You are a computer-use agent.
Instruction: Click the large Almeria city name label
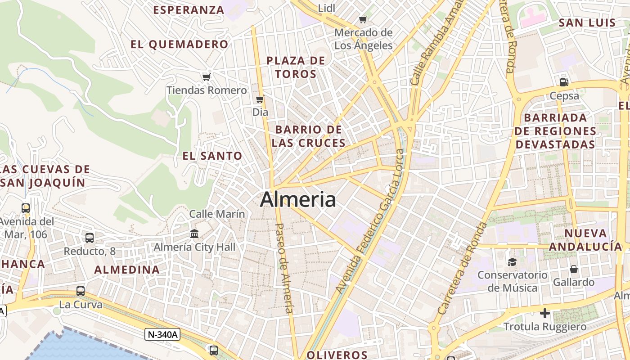pos(298,199)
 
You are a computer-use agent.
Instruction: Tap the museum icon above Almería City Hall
pos(194,234)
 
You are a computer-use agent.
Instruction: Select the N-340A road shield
pos(162,334)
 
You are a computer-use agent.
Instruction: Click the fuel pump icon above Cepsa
pos(564,82)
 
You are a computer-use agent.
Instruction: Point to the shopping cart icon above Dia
pos(260,99)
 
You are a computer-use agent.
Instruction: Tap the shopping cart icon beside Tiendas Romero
pos(206,77)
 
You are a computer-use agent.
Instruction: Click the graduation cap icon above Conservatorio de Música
pos(512,262)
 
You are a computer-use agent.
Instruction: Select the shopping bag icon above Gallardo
pos(574,269)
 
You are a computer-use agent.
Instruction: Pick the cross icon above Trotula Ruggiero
pos(545,313)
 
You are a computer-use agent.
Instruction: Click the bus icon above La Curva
pos(81,291)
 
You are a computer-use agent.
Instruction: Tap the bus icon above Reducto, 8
pos(90,238)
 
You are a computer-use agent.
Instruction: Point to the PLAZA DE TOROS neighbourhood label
pos(296,67)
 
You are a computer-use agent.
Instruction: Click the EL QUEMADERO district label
pos(180,44)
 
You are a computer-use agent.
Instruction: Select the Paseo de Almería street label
pos(283,268)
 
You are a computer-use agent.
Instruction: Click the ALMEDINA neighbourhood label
pos(126,270)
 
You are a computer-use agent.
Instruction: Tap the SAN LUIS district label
pos(587,23)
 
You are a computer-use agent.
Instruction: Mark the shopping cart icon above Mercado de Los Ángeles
pos(363,19)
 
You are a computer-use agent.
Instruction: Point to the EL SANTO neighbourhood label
pos(212,156)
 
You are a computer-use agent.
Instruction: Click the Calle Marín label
pos(217,214)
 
